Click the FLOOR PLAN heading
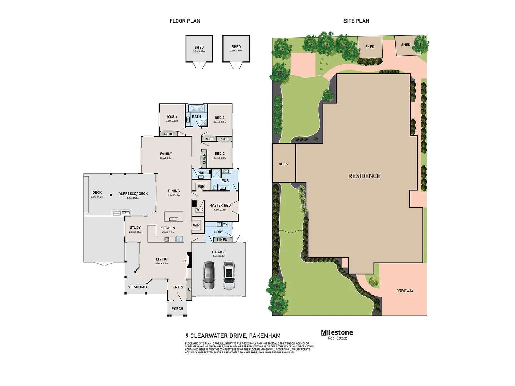(x=185, y=21)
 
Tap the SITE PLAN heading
(x=356, y=21)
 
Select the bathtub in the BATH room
(x=196, y=108)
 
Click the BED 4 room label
(x=172, y=117)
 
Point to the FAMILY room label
(x=166, y=154)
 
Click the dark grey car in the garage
(x=209, y=275)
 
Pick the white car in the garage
(x=229, y=275)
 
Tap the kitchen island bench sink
(x=173, y=219)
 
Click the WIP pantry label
(x=196, y=225)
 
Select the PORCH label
(x=177, y=309)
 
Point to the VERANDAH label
(x=138, y=287)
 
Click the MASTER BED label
(x=220, y=206)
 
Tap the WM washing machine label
(x=225, y=224)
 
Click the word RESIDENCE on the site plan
(x=364, y=176)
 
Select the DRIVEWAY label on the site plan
(x=405, y=291)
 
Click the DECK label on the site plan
(x=283, y=164)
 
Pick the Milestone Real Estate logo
(x=337, y=335)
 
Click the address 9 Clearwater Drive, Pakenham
(x=233, y=336)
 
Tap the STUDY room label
(x=135, y=228)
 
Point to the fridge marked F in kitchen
(x=180, y=239)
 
